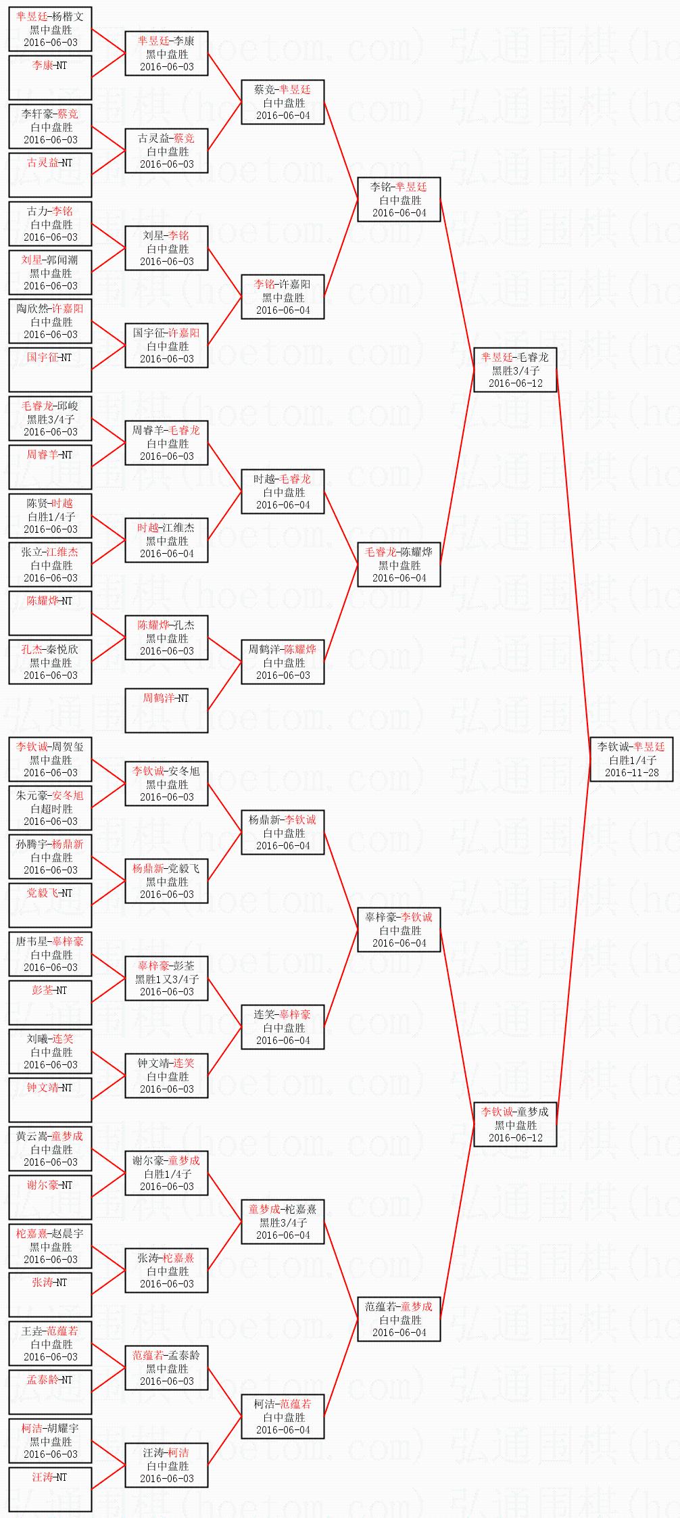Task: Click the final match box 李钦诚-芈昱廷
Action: (631, 759)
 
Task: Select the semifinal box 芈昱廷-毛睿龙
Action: (515, 370)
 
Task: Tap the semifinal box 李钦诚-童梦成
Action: (515, 1124)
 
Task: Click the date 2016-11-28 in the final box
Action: (631, 772)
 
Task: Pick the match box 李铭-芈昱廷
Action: (399, 199)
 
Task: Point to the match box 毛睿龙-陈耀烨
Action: (399, 565)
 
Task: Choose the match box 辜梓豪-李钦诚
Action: (399, 930)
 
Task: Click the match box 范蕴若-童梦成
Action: (399, 1319)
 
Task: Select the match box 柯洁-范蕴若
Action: (283, 1417)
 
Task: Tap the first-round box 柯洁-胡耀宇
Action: (50, 1441)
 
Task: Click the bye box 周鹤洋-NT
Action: (166, 710)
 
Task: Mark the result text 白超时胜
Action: (51, 809)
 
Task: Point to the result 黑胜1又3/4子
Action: (167, 979)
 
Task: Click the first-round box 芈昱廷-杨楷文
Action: (50, 29)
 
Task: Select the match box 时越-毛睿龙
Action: (283, 492)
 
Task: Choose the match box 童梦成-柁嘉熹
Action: (283, 1222)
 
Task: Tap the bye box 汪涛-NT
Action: (50, 1489)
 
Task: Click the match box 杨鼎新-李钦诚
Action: (283, 832)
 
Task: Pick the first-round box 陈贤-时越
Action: (50, 516)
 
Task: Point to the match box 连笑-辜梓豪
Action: (283, 1027)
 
